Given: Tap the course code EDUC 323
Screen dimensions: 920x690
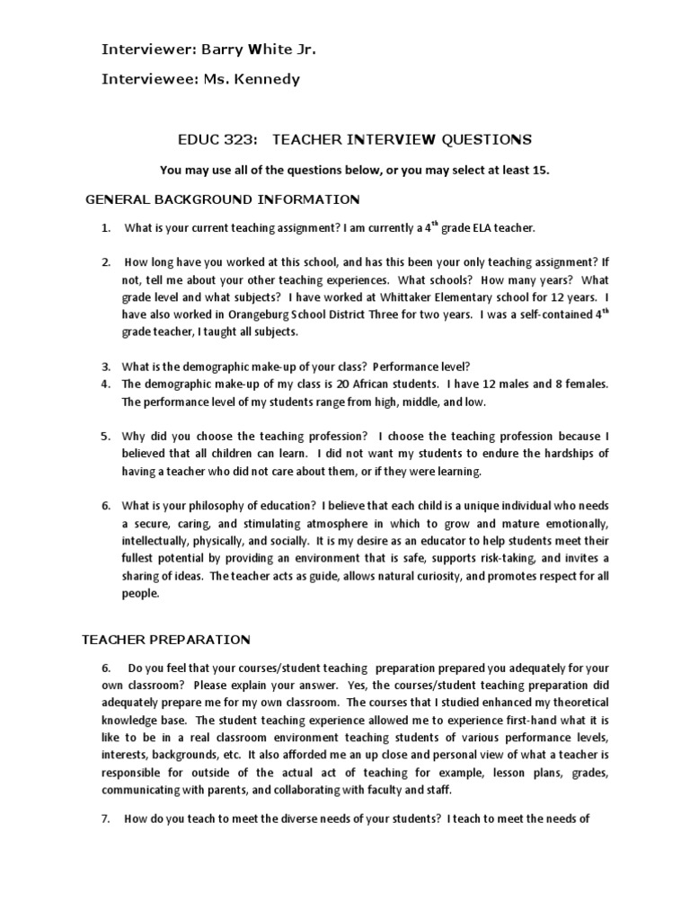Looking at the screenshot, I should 212,139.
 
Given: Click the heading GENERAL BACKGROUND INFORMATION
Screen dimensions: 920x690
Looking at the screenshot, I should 222,199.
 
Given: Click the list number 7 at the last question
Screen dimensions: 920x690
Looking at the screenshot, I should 105,818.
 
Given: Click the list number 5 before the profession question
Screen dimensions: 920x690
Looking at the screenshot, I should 105,436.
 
